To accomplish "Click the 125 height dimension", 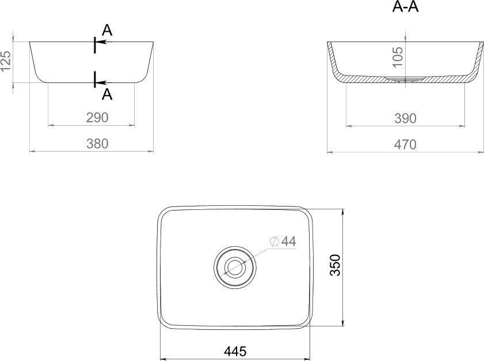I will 6,62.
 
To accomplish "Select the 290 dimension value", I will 97,118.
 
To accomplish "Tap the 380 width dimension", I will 97,144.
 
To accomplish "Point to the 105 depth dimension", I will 398,58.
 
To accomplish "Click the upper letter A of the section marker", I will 107,30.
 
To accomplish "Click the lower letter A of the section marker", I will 107,95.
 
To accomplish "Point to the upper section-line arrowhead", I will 100,42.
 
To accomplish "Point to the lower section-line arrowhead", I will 100,82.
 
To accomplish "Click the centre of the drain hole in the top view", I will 234,266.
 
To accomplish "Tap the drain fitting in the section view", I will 405,79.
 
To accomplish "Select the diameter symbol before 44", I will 274,242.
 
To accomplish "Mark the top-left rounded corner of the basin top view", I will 165,212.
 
